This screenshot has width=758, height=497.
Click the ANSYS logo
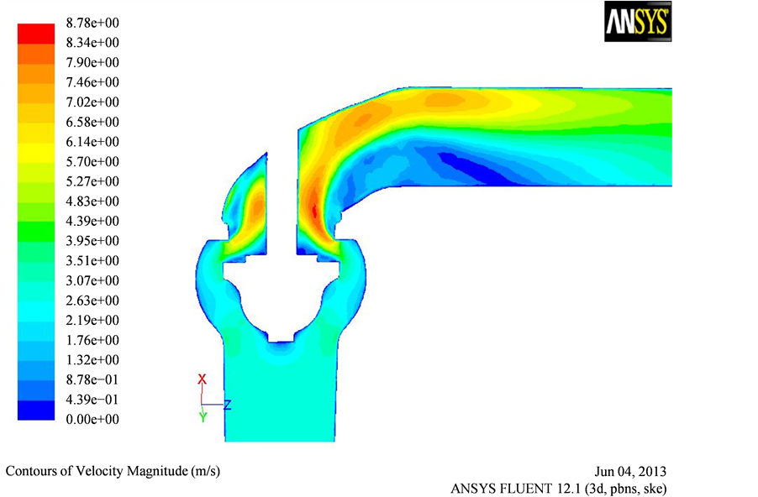pyautogui.click(x=638, y=21)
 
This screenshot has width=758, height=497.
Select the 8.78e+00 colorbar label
pyautogui.click(x=92, y=23)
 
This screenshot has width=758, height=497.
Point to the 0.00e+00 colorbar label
pyautogui.click(x=92, y=419)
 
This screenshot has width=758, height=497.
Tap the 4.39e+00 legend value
pyautogui.click(x=92, y=221)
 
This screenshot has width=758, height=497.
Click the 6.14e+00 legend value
pyautogui.click(x=92, y=142)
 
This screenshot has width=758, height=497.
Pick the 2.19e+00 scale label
pyautogui.click(x=92, y=320)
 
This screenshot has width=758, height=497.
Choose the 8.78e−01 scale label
pyautogui.click(x=92, y=379)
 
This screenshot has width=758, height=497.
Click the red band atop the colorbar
pyautogui.click(x=36, y=34)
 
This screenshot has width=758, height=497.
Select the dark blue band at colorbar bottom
pyautogui.click(x=36, y=410)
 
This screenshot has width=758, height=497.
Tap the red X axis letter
pyautogui.click(x=202, y=379)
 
